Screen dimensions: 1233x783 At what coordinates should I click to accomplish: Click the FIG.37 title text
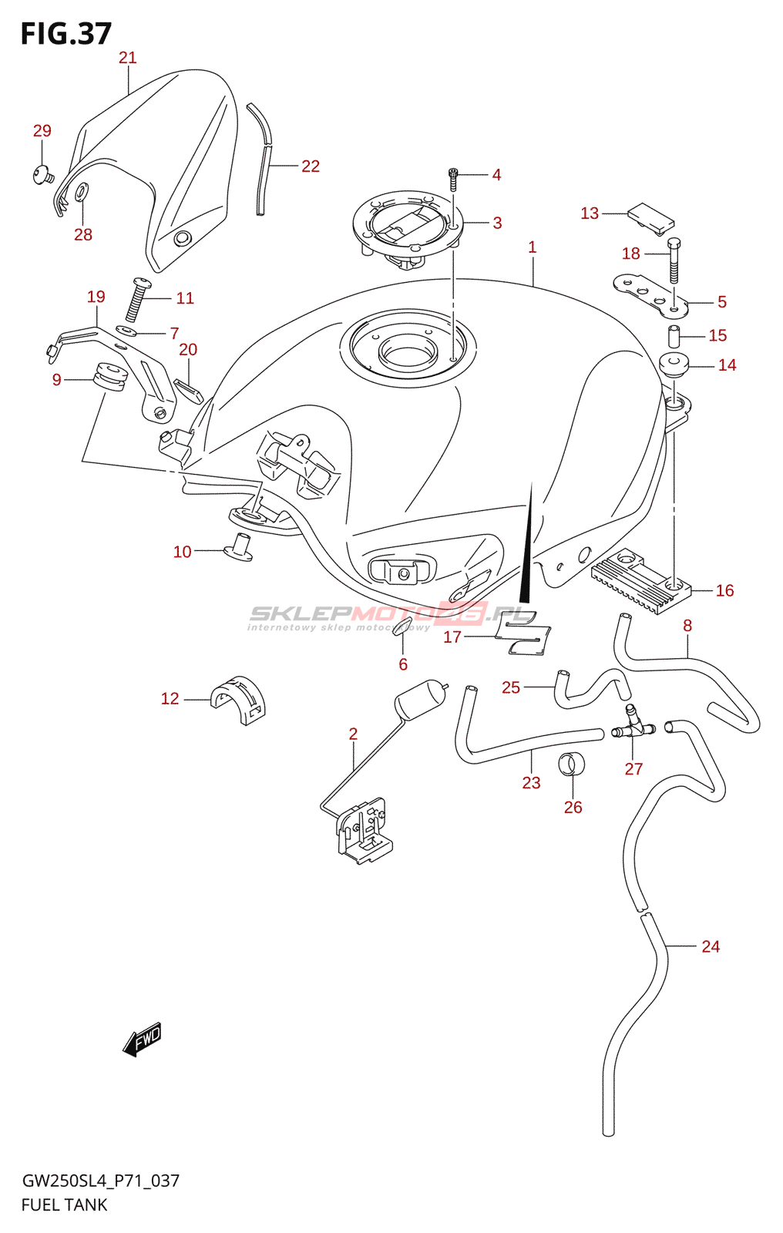(66, 34)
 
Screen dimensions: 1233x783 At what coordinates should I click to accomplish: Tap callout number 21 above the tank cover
(128, 58)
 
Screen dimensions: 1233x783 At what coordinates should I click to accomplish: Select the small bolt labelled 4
(453, 179)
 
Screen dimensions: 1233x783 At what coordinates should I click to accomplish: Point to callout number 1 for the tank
(532, 247)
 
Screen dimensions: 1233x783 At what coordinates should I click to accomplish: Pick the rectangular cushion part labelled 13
(651, 217)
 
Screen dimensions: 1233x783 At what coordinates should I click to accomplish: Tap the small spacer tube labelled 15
(674, 336)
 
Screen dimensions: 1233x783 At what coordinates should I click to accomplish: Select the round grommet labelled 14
(675, 364)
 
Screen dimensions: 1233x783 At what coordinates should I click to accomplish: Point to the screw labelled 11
(137, 300)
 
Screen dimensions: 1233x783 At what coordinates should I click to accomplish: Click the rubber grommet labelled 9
(109, 377)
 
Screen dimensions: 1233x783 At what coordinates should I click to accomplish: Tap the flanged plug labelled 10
(239, 545)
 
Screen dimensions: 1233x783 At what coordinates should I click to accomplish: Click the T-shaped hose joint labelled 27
(633, 724)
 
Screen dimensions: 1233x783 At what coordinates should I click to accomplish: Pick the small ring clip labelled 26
(571, 764)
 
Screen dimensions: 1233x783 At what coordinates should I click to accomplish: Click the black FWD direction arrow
(143, 1040)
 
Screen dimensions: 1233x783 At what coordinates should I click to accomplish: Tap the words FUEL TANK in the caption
(65, 1204)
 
